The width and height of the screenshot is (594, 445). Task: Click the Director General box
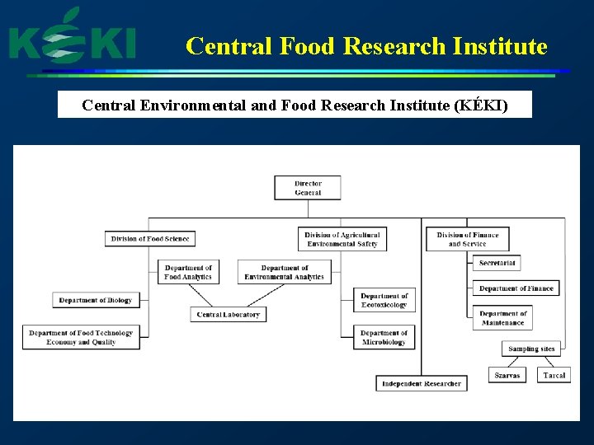coord(308,188)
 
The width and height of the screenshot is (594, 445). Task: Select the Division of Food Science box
coord(150,239)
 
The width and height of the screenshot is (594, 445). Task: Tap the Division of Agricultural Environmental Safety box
coord(342,239)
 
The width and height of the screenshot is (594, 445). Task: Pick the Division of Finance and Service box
coord(468,239)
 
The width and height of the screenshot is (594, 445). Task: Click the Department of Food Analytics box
coord(188,272)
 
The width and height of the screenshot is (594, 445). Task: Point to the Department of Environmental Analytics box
coord(285,272)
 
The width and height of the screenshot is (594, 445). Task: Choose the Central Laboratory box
coord(229,314)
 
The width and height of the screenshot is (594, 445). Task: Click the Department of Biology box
coord(96,300)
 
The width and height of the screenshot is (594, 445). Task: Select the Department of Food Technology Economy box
coord(81,337)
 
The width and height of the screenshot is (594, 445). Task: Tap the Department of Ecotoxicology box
coord(384,300)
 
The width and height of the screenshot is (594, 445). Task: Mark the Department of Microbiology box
coord(384,338)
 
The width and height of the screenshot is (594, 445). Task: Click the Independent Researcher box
coord(422,383)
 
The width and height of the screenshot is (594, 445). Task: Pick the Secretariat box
coord(497,263)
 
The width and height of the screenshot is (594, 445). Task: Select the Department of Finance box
coord(516,288)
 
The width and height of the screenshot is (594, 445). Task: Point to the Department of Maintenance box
coord(503,318)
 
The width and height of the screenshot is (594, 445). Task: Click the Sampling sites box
coord(531,349)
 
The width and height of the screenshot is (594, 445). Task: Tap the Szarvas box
coord(507,375)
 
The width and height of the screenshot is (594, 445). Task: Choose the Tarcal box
coord(554,375)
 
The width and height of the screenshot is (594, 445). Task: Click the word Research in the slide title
coord(394,46)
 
